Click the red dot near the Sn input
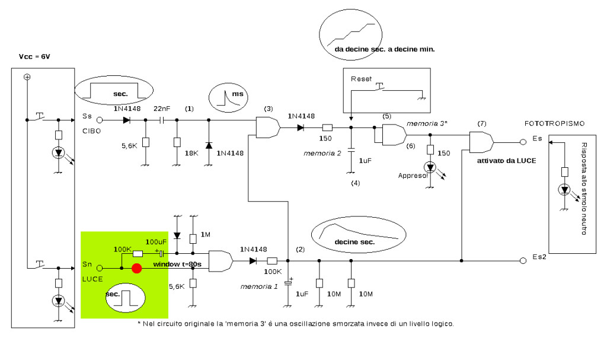(137, 268)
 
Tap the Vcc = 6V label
(34, 56)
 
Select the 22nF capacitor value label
(162, 109)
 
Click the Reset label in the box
(361, 79)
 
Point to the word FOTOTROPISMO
(554, 123)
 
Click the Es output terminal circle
(523, 142)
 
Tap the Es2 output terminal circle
(523, 261)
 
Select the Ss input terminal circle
(100, 120)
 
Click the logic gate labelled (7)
(481, 142)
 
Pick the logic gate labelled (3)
(269, 127)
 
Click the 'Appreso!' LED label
(413, 176)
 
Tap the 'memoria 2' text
(322, 154)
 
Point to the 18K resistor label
(191, 153)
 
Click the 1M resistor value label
(206, 234)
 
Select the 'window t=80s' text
(177, 265)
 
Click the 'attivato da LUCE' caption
(506, 161)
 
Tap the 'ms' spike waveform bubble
(228, 97)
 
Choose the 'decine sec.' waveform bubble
(359, 235)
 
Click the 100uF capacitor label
(156, 242)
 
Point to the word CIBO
(92, 131)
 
